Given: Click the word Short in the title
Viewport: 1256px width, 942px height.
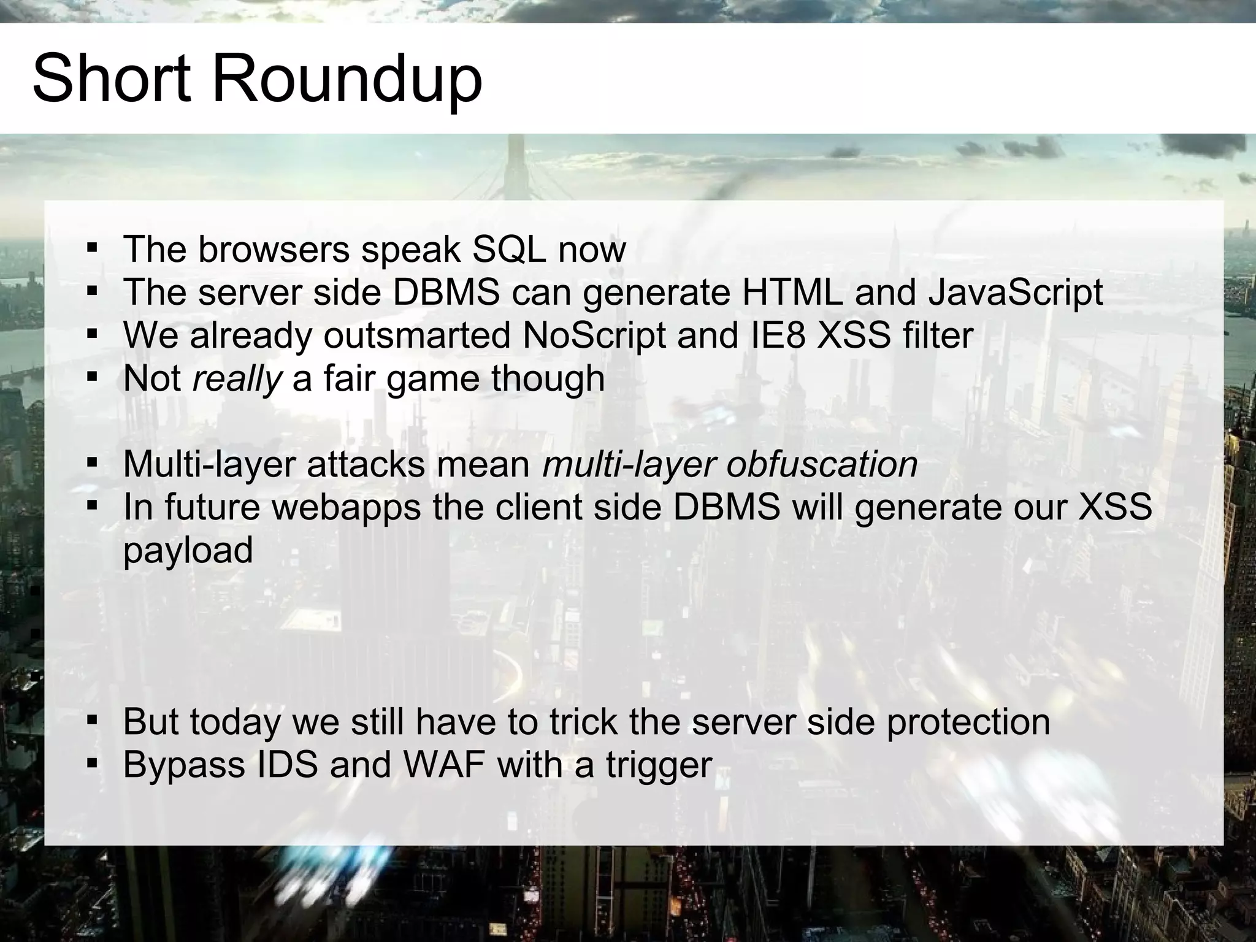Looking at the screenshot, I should coord(112,78).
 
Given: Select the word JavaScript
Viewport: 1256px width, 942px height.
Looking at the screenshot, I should coord(1016,292).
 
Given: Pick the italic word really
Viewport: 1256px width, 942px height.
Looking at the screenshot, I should coord(237,379).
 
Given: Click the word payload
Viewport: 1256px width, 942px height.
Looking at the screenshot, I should coord(188,550).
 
